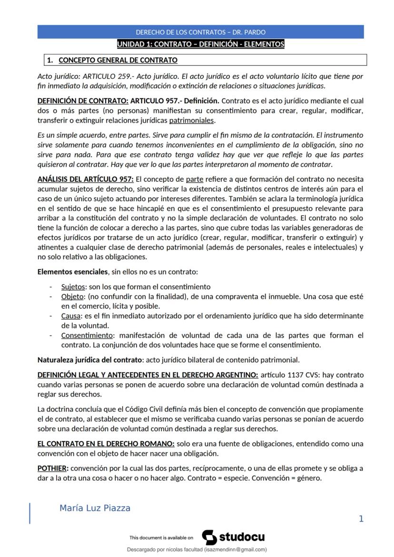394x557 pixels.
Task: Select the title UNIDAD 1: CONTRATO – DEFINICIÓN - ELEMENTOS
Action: click(200, 44)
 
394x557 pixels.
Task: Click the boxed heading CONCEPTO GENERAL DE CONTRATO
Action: click(118, 60)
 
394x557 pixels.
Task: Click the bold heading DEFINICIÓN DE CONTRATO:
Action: click(83, 101)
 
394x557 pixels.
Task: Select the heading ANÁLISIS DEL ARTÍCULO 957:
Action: click(86, 179)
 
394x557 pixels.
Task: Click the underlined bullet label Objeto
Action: click(72, 296)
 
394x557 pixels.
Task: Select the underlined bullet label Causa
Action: click(71, 316)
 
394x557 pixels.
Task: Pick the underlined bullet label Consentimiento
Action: click(87, 335)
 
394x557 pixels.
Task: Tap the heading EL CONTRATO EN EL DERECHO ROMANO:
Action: click(106, 444)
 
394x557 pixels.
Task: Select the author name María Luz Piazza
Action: click(95, 508)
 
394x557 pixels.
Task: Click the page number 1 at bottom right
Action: click(361, 519)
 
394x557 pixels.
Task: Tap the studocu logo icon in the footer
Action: click(209, 537)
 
